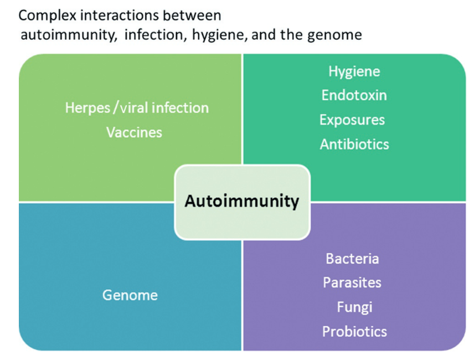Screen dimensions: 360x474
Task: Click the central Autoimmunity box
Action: click(242, 201)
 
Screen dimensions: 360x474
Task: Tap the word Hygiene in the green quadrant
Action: click(354, 71)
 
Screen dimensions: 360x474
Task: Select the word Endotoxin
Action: click(354, 95)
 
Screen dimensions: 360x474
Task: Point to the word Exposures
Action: click(352, 120)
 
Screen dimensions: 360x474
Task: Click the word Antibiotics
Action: click(354, 145)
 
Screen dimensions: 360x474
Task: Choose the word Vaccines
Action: click(135, 132)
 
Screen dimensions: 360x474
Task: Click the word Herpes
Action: click(88, 107)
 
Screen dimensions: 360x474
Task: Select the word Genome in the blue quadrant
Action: click(130, 295)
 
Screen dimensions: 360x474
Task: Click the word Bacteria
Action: click(352, 259)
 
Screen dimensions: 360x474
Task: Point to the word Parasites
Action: click(352, 283)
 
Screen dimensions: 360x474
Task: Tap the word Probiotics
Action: click(354, 332)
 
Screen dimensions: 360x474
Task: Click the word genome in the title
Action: click(337, 35)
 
